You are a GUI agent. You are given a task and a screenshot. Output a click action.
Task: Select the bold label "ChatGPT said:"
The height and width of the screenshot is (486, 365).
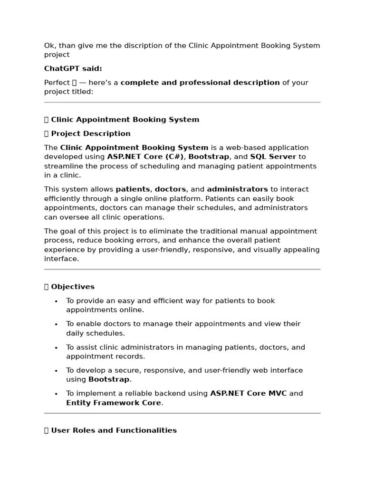tap(73, 69)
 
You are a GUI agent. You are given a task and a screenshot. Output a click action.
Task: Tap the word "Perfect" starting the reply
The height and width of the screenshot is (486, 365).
tap(57, 83)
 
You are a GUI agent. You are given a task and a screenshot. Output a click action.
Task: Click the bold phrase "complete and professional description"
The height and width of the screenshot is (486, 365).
tap(200, 83)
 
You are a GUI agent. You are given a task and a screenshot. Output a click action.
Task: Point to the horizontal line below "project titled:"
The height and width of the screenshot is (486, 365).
tap(182, 102)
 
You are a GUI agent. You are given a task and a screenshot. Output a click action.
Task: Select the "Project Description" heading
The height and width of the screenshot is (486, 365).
tap(90, 134)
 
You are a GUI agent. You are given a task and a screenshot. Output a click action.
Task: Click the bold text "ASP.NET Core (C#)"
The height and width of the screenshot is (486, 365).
tap(145, 157)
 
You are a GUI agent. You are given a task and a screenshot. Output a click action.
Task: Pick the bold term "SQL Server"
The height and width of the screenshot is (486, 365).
tap(273, 157)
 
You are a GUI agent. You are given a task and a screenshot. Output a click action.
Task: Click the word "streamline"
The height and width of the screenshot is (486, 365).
tap(63, 166)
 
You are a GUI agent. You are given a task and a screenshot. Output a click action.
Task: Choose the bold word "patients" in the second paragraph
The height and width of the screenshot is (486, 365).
tap(133, 189)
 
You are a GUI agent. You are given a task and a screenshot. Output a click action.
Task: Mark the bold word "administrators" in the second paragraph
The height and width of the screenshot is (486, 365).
tap(237, 189)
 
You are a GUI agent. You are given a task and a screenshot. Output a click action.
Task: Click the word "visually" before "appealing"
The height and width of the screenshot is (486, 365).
tap(269, 250)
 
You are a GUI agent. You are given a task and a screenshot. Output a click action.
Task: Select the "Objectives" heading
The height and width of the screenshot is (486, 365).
tap(73, 287)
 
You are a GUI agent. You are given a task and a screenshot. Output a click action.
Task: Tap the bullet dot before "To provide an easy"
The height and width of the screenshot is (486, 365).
tap(56, 301)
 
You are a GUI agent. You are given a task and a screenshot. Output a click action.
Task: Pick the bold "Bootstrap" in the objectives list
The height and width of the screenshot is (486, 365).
tap(109, 380)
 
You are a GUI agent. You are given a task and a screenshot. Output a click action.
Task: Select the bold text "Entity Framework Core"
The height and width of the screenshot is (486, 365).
tap(114, 403)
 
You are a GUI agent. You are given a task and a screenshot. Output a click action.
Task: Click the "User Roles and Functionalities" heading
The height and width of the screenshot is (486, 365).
tap(114, 430)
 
